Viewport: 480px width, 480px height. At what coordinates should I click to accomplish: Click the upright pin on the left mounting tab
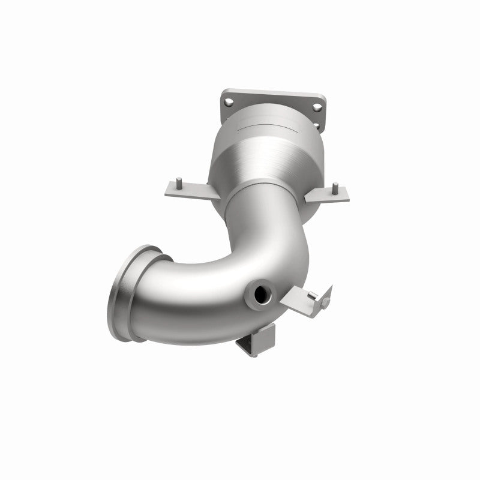(x=180, y=181)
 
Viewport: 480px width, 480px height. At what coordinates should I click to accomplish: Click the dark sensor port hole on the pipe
(x=262, y=295)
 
